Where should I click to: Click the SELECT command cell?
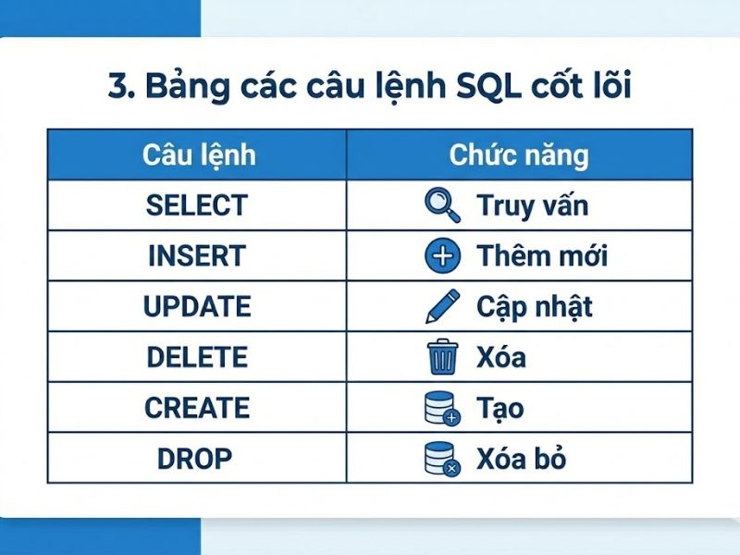pyautogui.click(x=197, y=205)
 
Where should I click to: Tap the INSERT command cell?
pyautogui.click(x=197, y=256)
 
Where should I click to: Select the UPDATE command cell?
pyautogui.click(x=197, y=307)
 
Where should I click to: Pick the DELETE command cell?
pyautogui.click(x=197, y=357)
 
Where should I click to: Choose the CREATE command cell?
pyautogui.click(x=197, y=408)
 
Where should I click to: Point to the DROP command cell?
pyautogui.click(x=197, y=459)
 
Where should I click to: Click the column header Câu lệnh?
pyautogui.click(x=197, y=154)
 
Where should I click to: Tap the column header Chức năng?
pyautogui.click(x=519, y=154)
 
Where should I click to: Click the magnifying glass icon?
pyautogui.click(x=441, y=205)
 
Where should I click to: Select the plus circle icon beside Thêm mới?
pyautogui.click(x=442, y=256)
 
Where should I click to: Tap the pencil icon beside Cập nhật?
pyautogui.click(x=441, y=307)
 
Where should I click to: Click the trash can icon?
pyautogui.click(x=442, y=357)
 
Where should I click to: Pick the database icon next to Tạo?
pyautogui.click(x=442, y=408)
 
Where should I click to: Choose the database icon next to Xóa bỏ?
pyautogui.click(x=442, y=459)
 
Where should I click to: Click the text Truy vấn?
pyautogui.click(x=532, y=205)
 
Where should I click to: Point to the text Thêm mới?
pyautogui.click(x=542, y=256)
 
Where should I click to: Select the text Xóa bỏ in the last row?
pyautogui.click(x=521, y=459)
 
